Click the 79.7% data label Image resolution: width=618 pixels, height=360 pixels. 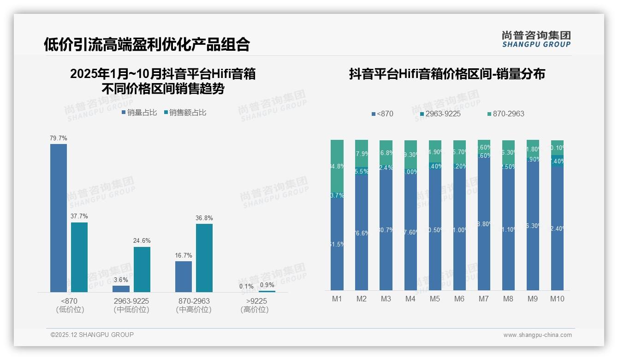[59, 138]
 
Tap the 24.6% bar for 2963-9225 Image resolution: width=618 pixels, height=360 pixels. [142, 269]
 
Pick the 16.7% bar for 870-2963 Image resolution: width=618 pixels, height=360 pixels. [184, 276]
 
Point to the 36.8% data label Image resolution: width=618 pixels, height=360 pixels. [204, 218]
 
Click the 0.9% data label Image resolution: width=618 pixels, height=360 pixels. [267, 285]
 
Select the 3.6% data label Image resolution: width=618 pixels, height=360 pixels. [121, 280]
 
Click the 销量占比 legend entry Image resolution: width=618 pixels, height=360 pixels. [139, 113]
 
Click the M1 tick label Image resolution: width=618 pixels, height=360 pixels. [337, 299]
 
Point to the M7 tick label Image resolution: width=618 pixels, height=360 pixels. [483, 299]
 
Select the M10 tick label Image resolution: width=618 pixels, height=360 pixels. [557, 299]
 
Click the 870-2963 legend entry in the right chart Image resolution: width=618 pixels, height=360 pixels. [505, 114]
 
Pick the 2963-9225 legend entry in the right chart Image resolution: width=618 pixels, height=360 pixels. [440, 114]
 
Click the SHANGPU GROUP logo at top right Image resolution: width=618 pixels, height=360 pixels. [536, 39]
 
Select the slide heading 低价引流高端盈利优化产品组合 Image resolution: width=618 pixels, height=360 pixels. [147, 44]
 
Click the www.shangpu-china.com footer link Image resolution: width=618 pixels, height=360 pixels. [537, 335]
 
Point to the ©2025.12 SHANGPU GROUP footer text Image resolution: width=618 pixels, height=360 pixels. [92, 335]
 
